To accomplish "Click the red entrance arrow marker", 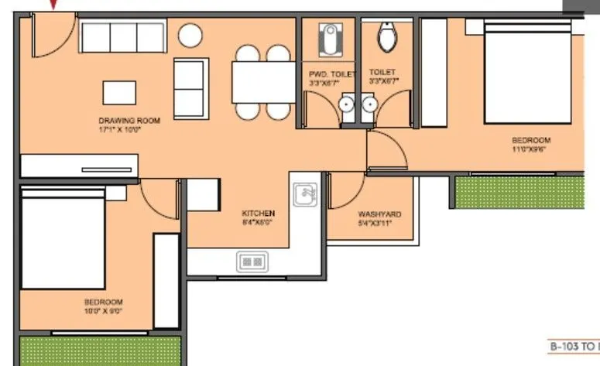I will tap(53, 5).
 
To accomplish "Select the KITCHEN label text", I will tap(259, 213).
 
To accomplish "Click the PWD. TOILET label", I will tap(331, 74).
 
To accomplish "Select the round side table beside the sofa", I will tap(190, 36).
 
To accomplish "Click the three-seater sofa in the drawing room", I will tap(122, 36).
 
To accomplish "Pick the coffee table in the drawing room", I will tap(118, 93).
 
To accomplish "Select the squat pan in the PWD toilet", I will tap(331, 36).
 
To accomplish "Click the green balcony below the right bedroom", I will tap(519, 192).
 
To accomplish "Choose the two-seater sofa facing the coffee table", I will tap(190, 87).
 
